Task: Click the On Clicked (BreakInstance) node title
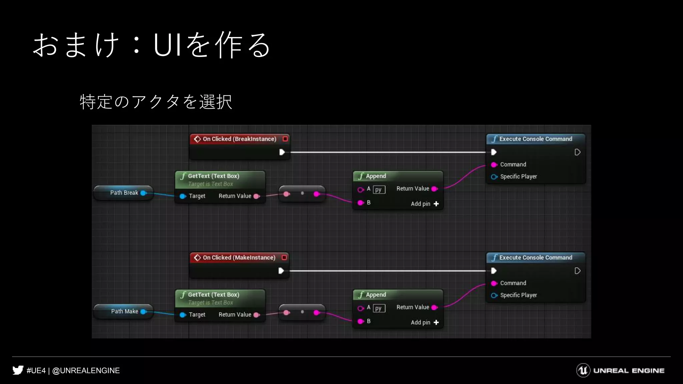[x=239, y=139]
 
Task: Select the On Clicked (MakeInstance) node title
[x=239, y=258]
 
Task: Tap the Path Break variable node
[x=124, y=193]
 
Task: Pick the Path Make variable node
[x=124, y=311]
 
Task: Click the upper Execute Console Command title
[x=535, y=139]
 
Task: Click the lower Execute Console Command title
[x=535, y=258]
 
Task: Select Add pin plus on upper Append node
[x=436, y=204]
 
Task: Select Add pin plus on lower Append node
[x=436, y=322]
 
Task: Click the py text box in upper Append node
[x=379, y=190]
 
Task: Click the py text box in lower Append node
[x=379, y=308]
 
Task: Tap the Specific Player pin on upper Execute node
[x=494, y=177]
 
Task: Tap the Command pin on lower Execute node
[x=494, y=283]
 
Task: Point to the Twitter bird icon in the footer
[x=18, y=370]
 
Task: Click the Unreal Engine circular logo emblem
[x=583, y=370]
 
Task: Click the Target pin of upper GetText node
[x=183, y=196]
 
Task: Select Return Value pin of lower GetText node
[x=256, y=315]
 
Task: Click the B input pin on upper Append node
[x=361, y=203]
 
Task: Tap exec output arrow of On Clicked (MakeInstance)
[x=281, y=271]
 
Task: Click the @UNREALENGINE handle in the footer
[x=86, y=371]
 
